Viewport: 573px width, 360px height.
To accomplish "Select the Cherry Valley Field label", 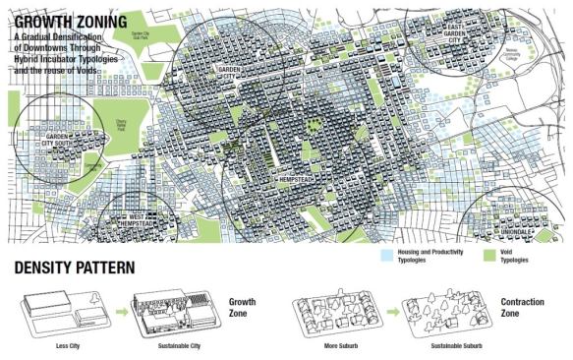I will tap(122, 127).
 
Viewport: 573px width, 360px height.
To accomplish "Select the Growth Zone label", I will tap(244, 306).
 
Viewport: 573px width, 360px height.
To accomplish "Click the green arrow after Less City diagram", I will tap(121, 312).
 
